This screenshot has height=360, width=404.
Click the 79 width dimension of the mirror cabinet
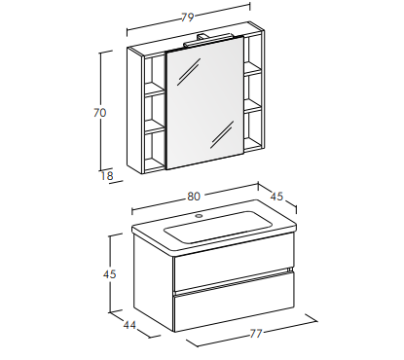tap(188, 17)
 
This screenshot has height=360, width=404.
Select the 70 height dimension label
tap(100, 113)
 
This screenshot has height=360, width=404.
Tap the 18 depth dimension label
tap(107, 176)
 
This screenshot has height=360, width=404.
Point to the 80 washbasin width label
tap(194, 197)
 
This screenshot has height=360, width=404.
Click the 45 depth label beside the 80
tap(276, 197)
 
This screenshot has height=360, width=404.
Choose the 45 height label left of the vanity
tap(110, 274)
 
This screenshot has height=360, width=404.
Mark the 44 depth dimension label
tap(129, 325)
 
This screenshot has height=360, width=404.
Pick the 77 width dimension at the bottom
tap(255, 334)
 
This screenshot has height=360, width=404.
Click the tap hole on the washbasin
tap(199, 215)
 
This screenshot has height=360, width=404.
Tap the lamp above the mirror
tap(207, 40)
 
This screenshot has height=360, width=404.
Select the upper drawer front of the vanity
tap(234, 271)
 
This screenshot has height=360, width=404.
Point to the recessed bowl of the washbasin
tap(218, 227)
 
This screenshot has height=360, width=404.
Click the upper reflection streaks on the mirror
tap(189, 72)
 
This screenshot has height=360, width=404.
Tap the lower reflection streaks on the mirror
tap(222, 134)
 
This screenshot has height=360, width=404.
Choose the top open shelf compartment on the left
tap(155, 72)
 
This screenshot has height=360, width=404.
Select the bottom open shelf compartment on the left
tap(155, 150)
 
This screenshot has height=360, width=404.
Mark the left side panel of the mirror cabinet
tap(135, 110)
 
